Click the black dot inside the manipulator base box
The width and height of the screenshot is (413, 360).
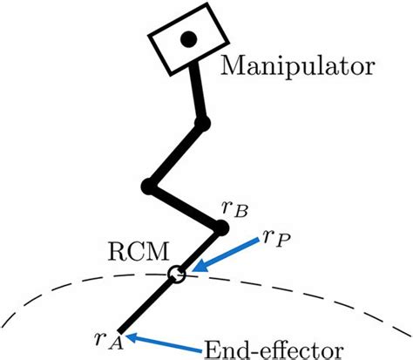point(186,38)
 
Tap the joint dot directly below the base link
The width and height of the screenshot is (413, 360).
point(203,124)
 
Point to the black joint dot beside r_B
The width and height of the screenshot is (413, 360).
point(221,228)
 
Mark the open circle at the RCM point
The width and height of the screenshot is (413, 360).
point(176,275)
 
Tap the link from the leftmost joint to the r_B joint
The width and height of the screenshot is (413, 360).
point(185,207)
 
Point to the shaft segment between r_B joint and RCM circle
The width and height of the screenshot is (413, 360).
point(200,251)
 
